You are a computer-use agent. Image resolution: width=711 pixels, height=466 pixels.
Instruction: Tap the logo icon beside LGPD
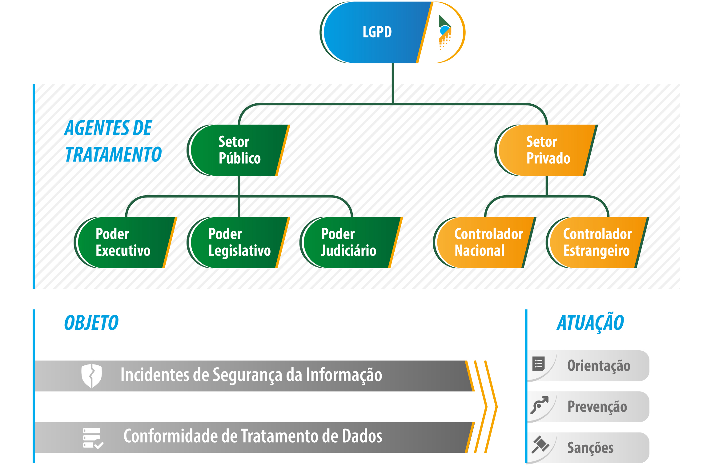coord(445,32)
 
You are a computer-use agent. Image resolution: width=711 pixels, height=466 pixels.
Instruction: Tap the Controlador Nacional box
coord(483,242)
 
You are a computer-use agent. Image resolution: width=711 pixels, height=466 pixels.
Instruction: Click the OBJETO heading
coord(91,323)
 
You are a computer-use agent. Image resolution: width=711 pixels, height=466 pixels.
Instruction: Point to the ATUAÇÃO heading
coord(590,323)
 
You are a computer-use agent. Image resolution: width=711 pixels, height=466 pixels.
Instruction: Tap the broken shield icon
coord(91,376)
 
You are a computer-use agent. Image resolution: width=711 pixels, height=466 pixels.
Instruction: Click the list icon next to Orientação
coord(538,364)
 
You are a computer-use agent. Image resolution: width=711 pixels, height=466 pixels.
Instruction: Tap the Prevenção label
coord(597,407)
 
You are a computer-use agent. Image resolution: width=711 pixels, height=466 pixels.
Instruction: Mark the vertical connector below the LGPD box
coord(393,83)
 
